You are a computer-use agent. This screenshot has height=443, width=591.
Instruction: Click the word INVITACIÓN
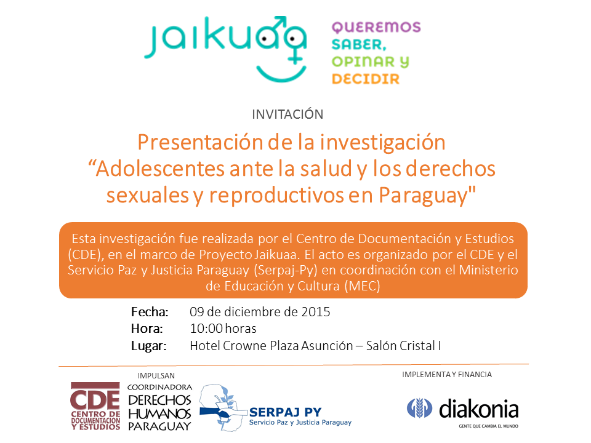point(287,114)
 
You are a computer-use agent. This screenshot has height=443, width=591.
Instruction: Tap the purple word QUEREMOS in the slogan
point(376,28)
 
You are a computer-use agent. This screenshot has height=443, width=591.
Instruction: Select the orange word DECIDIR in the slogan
point(366,79)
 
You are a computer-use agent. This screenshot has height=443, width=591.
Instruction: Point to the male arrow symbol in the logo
point(279,23)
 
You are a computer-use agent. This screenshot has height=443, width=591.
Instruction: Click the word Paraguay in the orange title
point(427,195)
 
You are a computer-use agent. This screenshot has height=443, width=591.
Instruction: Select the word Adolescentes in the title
point(160,169)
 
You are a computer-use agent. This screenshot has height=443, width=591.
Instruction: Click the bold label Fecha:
point(150,312)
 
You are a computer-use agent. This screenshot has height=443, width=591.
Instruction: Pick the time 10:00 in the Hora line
point(206,329)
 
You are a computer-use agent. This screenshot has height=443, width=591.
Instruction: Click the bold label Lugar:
point(148,346)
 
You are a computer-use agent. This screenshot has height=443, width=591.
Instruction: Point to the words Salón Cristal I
point(403,346)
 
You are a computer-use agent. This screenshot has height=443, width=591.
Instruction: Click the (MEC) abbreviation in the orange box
point(362,286)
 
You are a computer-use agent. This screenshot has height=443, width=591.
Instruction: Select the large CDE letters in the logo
point(95,400)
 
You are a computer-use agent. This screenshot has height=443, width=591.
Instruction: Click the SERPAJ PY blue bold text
point(285,412)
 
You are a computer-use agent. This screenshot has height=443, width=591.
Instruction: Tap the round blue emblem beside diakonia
point(419,409)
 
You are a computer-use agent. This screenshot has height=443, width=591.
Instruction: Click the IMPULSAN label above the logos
point(156,375)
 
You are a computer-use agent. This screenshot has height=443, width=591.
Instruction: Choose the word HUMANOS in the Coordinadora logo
point(160,414)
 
